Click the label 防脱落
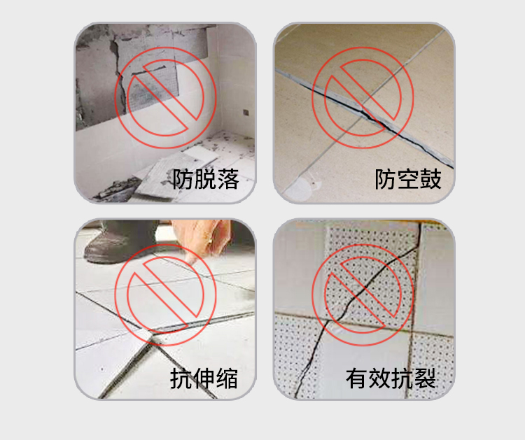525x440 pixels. [205, 179]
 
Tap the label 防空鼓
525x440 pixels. [408, 179]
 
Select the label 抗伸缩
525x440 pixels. [204, 378]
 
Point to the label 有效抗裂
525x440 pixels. [391, 378]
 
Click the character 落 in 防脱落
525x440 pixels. [228, 179]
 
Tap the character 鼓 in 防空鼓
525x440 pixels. [430, 179]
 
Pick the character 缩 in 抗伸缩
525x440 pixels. [227, 378]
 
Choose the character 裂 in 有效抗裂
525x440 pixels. [425, 378]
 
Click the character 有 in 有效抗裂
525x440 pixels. [357, 378]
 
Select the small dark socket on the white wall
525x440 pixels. [246, 113]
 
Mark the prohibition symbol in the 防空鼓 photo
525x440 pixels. [363, 97]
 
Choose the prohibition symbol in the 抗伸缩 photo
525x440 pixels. [165, 294]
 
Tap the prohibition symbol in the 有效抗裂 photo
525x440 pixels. [363, 294]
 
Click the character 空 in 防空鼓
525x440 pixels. [408, 179]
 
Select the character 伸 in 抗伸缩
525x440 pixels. [204, 378]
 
